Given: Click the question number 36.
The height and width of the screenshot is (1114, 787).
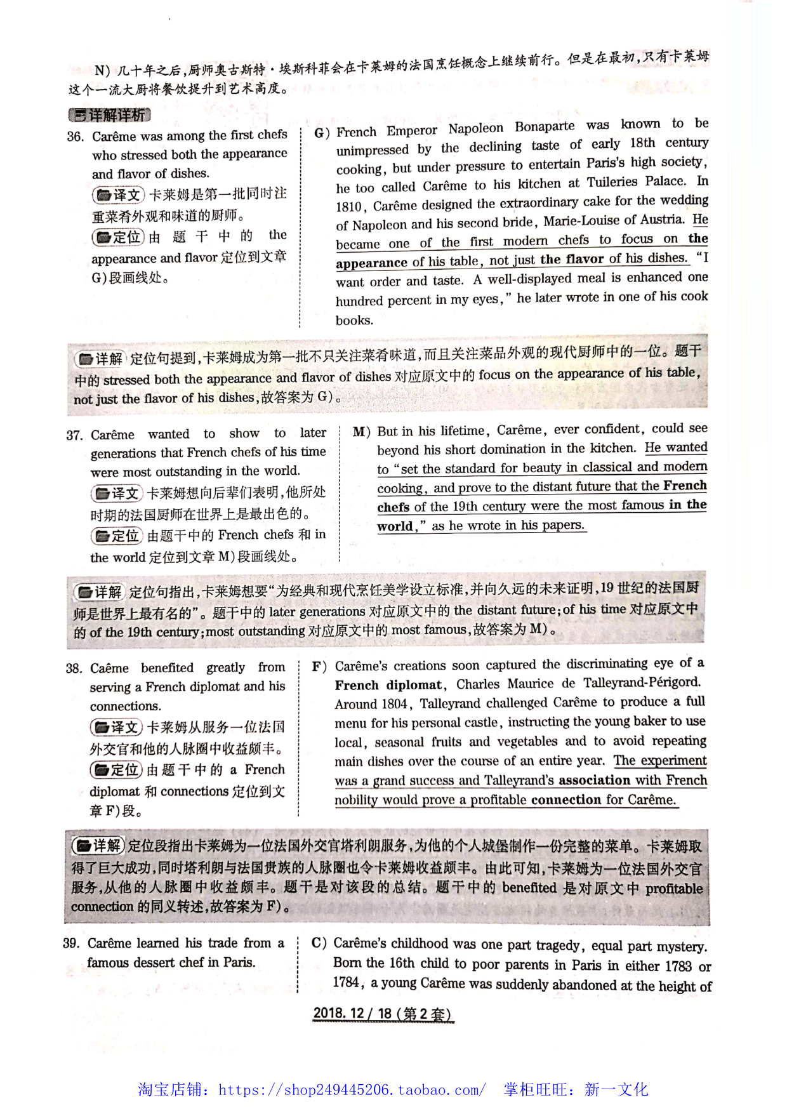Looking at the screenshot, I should (75, 136).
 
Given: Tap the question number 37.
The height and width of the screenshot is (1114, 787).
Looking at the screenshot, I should (74, 435).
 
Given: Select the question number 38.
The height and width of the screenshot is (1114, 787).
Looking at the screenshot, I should (74, 668).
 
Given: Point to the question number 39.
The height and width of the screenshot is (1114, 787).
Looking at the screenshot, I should (71, 943).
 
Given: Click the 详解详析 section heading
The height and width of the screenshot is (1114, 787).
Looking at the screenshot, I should (109, 115).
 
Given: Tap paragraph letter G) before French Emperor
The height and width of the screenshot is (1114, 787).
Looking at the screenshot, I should (322, 133).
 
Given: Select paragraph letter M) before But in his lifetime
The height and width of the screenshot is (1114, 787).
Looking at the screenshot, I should (361, 432).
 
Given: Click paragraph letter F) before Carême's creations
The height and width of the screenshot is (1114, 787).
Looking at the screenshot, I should (319, 666).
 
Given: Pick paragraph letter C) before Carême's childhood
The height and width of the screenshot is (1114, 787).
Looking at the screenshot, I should (319, 943).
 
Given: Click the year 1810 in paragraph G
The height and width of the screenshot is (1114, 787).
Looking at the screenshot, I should (348, 206).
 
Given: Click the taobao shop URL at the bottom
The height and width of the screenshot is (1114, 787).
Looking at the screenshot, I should (352, 1090).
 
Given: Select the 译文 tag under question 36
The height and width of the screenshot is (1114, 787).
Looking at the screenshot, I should (118, 194).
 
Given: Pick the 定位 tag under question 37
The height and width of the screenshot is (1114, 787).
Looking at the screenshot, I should (117, 536).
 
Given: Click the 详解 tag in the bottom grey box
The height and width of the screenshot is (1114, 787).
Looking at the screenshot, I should (98, 845).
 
